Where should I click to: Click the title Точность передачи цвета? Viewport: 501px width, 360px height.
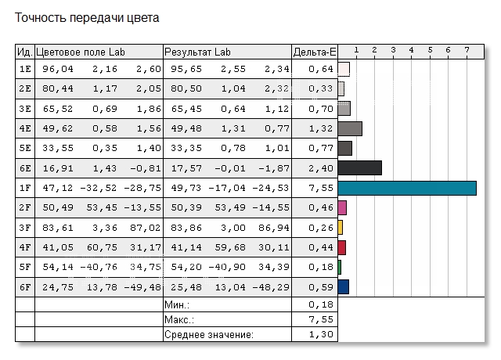(x=87, y=17)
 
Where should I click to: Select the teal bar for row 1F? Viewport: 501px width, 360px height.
(x=407, y=188)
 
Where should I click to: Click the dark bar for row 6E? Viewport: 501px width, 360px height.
(x=359, y=167)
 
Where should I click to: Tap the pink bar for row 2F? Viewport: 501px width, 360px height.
(x=342, y=207)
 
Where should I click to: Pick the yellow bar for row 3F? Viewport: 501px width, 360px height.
(x=341, y=228)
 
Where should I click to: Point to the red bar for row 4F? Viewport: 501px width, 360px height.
(x=342, y=247)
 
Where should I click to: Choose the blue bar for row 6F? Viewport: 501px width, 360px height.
(x=344, y=287)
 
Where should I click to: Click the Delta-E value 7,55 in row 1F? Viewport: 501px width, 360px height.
(x=322, y=188)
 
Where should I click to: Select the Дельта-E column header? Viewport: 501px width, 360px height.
(x=314, y=52)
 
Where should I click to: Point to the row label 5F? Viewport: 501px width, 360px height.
(x=24, y=268)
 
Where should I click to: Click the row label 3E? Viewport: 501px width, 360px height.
(x=24, y=108)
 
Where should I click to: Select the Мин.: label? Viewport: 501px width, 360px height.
(x=177, y=304)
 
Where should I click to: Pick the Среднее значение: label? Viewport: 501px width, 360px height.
(x=209, y=335)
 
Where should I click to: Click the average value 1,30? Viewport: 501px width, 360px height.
(x=322, y=335)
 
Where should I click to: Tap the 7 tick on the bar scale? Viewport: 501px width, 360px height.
(x=467, y=51)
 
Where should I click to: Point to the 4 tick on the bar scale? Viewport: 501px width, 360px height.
(x=412, y=51)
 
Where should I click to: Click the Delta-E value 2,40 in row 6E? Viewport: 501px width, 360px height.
(x=322, y=167)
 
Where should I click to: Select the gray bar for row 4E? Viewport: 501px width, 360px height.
(x=350, y=128)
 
